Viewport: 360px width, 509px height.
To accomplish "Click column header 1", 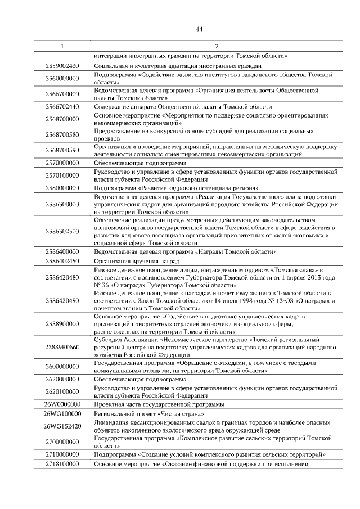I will click(62, 46).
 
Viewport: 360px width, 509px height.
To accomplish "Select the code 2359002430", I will click(62, 66).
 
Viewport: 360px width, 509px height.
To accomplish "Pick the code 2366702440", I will click(62, 106).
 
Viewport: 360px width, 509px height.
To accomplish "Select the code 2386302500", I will click(62, 231).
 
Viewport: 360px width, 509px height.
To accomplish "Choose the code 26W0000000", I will click(62, 404).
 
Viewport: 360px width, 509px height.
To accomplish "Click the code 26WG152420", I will click(62, 426).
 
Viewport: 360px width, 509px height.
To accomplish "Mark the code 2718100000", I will click(62, 464).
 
